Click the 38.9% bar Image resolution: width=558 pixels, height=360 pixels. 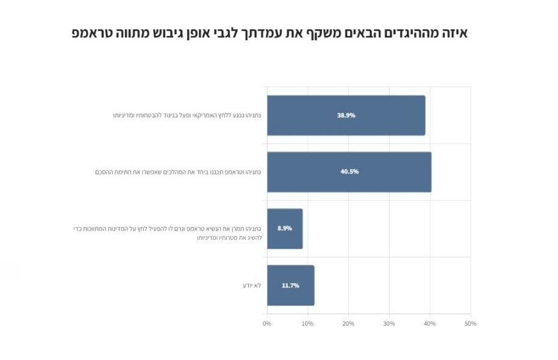coord(346,115)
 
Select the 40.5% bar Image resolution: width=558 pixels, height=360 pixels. coord(349,171)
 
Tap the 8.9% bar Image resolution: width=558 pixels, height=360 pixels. coord(285,228)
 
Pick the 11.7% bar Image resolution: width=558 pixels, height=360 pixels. coord(290,285)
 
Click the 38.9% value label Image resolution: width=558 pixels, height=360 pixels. coord(346,115)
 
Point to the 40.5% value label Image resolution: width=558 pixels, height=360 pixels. coord(349,171)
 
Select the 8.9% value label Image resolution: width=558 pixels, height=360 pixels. coord(285,228)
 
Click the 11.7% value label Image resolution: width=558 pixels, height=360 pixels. coord(290,285)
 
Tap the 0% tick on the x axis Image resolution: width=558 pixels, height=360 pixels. coord(266,323)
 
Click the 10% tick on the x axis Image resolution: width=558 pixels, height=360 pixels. coord(307,323)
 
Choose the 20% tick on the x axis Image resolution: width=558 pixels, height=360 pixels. coord(348,323)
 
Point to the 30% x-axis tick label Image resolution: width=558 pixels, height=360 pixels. coord(389,323)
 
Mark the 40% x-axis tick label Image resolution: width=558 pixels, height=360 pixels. coord(430,323)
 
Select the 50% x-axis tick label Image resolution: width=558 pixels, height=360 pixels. coord(470,323)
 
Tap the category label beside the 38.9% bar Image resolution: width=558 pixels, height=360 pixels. coord(187,115)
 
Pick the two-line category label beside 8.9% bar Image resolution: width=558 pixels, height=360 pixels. coord(167,232)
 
